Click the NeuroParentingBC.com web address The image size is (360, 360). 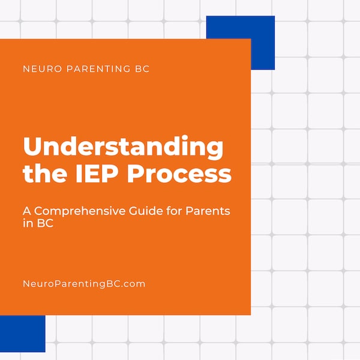click(84, 284)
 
